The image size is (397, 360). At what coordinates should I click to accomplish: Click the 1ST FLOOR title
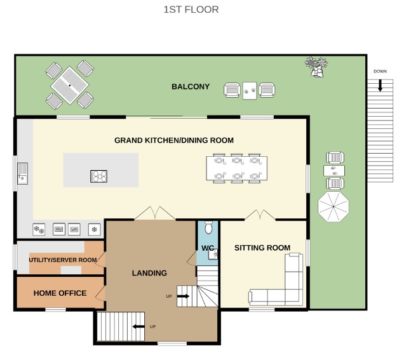(191, 10)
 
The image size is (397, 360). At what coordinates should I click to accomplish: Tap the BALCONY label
(191, 86)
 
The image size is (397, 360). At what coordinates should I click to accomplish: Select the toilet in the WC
(208, 227)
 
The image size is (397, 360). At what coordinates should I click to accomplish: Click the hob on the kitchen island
(98, 177)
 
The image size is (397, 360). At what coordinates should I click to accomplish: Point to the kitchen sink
(22, 174)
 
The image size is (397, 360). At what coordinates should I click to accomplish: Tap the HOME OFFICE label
(60, 293)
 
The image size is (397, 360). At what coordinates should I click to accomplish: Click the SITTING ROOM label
(262, 248)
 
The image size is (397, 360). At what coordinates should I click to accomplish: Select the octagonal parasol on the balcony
(333, 207)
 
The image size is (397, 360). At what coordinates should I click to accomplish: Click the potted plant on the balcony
(316, 67)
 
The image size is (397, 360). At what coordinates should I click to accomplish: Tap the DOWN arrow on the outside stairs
(380, 86)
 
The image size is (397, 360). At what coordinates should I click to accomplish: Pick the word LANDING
(149, 273)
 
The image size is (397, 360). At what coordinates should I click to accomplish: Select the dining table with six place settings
(237, 168)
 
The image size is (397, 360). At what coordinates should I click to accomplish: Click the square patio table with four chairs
(70, 85)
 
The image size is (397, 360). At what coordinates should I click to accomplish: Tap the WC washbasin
(213, 254)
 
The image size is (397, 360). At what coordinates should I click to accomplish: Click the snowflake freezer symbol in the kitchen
(95, 230)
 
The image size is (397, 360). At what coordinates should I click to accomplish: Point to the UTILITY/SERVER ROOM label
(63, 260)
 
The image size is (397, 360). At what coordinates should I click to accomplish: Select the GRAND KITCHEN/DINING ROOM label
(174, 140)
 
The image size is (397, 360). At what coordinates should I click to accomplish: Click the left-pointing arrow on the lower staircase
(138, 326)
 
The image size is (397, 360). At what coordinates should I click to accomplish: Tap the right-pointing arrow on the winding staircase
(183, 297)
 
